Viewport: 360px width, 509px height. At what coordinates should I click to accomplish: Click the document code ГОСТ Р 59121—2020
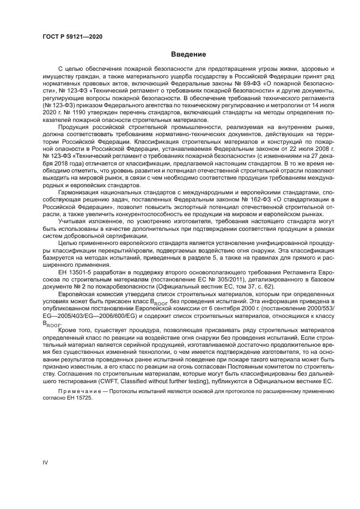pos(72,36)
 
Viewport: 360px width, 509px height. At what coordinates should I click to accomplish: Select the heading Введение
pos(188,54)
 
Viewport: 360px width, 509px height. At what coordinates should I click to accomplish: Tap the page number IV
pos(46,462)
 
